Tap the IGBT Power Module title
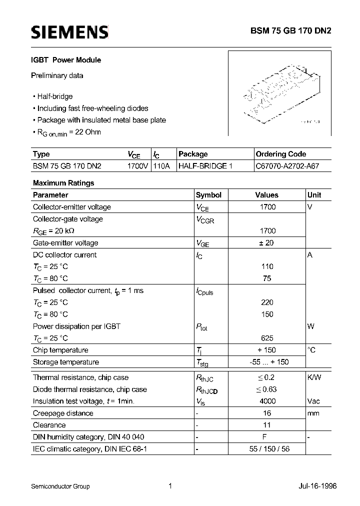click(67, 60)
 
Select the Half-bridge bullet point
click(54, 96)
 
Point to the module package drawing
click(280, 93)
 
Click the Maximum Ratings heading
click(63, 183)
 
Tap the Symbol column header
click(208, 195)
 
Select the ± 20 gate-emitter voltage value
click(267, 243)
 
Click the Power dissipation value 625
click(267, 338)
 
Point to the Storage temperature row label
click(66, 362)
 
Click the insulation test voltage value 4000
click(267, 401)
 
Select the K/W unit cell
click(314, 377)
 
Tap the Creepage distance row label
click(63, 413)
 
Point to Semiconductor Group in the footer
click(60, 486)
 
